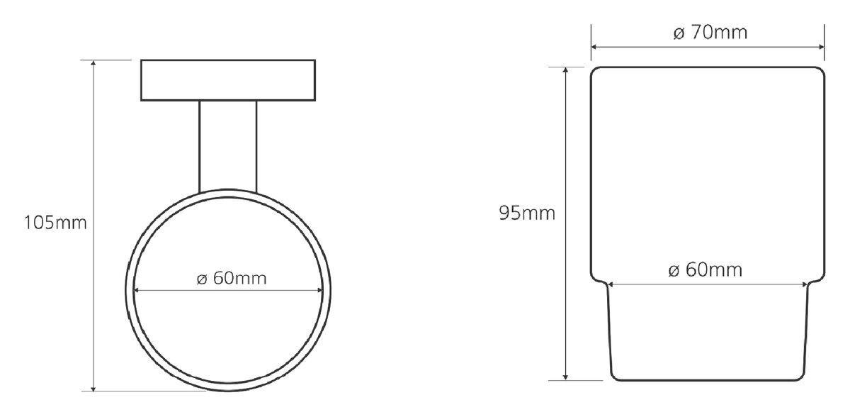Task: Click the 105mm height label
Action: pos(55,223)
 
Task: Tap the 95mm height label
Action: pos(527,213)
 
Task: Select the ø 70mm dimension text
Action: pos(710,33)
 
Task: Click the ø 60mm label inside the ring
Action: pos(232,279)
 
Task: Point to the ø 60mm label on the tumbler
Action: pos(705,270)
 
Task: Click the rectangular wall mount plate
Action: pos(228,80)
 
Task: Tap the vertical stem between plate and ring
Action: pos(227,146)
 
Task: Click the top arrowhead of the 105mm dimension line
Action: pos(93,63)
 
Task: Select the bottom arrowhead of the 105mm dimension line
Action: pos(93,387)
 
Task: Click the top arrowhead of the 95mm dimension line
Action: pos(565,71)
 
